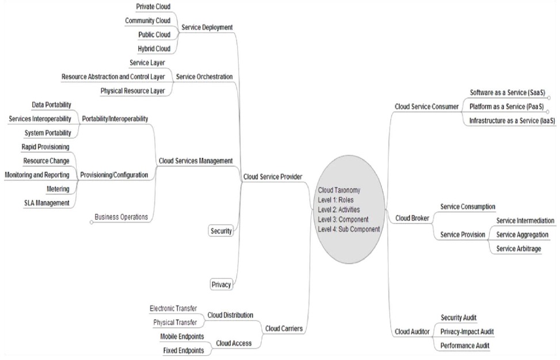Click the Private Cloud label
click(x=153, y=6)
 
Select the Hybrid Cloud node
click(x=154, y=48)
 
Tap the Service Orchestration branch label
click(x=204, y=76)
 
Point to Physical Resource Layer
click(x=132, y=91)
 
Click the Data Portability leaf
click(x=52, y=105)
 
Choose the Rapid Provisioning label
click(x=45, y=147)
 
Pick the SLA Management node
click(x=47, y=202)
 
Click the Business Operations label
click(x=121, y=217)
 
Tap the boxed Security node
click(x=222, y=231)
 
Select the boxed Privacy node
click(x=222, y=284)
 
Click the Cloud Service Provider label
click(x=273, y=177)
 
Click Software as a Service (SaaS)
click(x=507, y=93)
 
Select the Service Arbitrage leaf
click(x=519, y=248)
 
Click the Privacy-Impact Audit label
click(x=467, y=331)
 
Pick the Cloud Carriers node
click(x=284, y=328)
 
